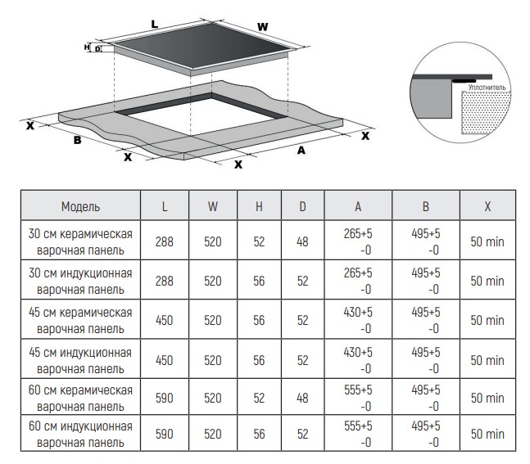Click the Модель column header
click(80, 206)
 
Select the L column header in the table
click(165, 206)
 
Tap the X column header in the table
click(487, 206)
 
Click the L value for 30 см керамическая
click(165, 241)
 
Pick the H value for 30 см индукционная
click(259, 281)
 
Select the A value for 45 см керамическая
click(358, 320)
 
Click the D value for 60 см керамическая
click(302, 398)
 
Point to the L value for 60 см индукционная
click(165, 434)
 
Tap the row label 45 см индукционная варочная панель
click(80, 360)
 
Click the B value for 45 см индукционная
click(426, 360)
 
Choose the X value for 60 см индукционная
click(487, 434)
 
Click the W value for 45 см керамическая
click(213, 320)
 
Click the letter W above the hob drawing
click(263, 27)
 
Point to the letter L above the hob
click(155, 25)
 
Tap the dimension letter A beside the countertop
click(301, 151)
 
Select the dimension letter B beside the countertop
click(77, 140)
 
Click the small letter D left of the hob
click(97, 49)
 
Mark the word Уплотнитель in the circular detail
click(487, 88)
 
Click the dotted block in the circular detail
click(486, 112)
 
